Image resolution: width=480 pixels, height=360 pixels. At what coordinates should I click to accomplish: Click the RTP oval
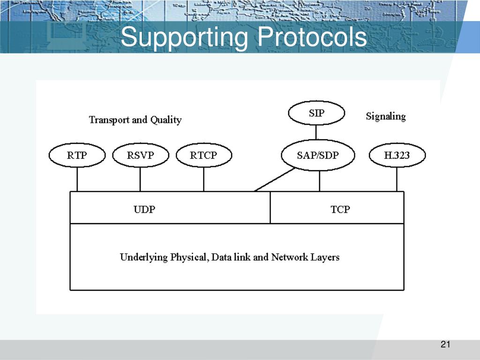pos(77,155)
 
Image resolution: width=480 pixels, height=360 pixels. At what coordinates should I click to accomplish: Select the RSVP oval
pos(140,155)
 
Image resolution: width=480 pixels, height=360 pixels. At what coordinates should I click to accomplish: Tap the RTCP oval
pos(203,155)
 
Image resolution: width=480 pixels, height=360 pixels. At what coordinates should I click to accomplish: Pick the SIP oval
pos(316,113)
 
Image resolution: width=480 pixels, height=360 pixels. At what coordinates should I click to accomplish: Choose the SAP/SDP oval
pos(317,155)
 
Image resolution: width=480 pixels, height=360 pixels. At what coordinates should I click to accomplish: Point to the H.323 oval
pos(397,155)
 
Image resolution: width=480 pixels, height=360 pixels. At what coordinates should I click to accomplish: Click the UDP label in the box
pos(144,210)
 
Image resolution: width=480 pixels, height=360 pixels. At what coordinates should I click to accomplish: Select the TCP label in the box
pos(340,210)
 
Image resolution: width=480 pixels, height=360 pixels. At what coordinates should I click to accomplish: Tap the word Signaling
pos(386,116)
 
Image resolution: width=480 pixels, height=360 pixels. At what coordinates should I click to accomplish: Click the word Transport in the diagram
pos(109,120)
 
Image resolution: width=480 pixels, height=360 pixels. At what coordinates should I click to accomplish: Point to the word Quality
pos(165,120)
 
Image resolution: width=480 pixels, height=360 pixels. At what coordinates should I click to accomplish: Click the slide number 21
pos(445,345)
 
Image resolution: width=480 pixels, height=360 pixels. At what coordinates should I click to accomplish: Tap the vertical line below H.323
pos(397,180)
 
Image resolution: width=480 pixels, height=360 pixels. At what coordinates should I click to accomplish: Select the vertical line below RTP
pos(77,180)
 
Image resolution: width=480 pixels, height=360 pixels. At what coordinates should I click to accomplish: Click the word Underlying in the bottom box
pos(141,257)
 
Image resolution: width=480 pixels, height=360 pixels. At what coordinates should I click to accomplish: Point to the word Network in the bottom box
pos(289,257)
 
